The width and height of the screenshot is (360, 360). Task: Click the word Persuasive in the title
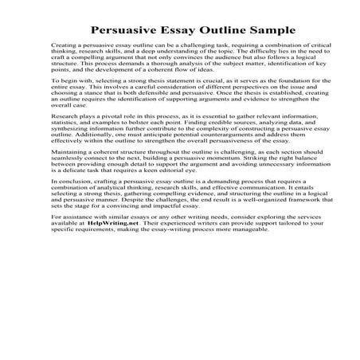pos(120,30)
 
